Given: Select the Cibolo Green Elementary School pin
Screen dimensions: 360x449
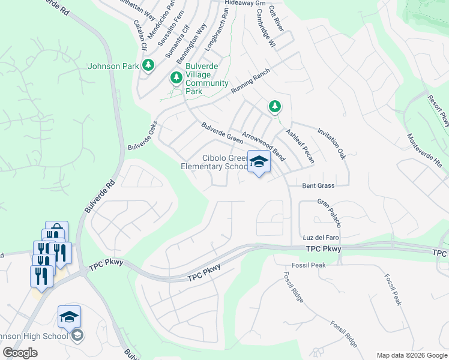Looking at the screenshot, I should [x=259, y=163].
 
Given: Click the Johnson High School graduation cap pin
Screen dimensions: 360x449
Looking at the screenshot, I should [x=69, y=316].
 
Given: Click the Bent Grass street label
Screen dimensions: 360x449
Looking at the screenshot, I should [x=318, y=186].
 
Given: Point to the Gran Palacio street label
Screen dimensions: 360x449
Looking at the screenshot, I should [x=329, y=213].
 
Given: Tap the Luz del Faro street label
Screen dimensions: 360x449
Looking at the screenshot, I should [x=317, y=238].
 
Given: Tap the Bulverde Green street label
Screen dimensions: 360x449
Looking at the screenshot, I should [x=221, y=133].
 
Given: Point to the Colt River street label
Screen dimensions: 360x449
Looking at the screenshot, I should [x=277, y=20].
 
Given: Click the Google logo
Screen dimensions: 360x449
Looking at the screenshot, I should [x=20, y=353].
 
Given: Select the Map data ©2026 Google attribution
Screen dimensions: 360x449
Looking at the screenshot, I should [x=411, y=355].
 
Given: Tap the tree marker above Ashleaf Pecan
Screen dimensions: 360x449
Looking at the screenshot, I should [x=275, y=106].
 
